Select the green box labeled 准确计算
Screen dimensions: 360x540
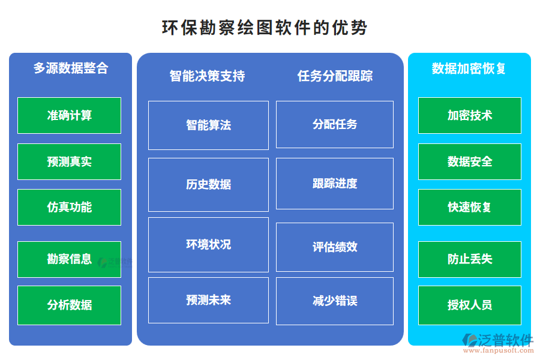(69, 115)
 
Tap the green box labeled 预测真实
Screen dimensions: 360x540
(69, 161)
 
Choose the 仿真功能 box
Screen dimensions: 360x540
(69, 207)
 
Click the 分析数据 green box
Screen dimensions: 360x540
(69, 305)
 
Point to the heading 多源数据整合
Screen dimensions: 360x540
(70, 68)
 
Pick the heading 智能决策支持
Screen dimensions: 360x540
(207, 76)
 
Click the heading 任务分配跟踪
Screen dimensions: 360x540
(335, 76)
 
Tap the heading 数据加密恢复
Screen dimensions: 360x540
(469, 68)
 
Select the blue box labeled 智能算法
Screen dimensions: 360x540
(208, 125)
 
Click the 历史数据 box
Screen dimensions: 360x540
(208, 184)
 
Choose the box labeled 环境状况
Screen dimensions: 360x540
(208, 244)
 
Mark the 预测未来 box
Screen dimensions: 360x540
(208, 300)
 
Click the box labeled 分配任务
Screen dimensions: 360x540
(335, 124)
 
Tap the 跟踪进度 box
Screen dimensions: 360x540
(335, 183)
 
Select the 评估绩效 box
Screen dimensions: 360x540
(335, 247)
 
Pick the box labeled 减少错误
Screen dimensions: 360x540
(335, 301)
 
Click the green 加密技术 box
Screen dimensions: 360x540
(469, 115)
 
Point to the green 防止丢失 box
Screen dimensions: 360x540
(469, 259)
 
